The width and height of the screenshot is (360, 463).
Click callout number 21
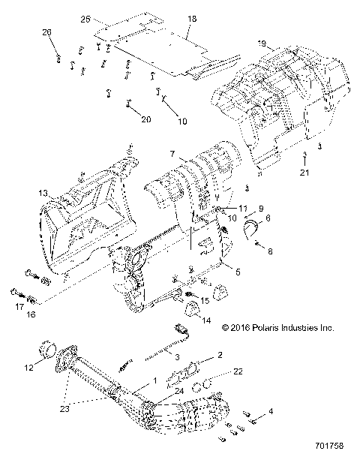coord(304,173)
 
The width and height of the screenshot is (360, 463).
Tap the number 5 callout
coord(238,271)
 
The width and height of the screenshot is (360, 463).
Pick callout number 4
coord(271,412)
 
